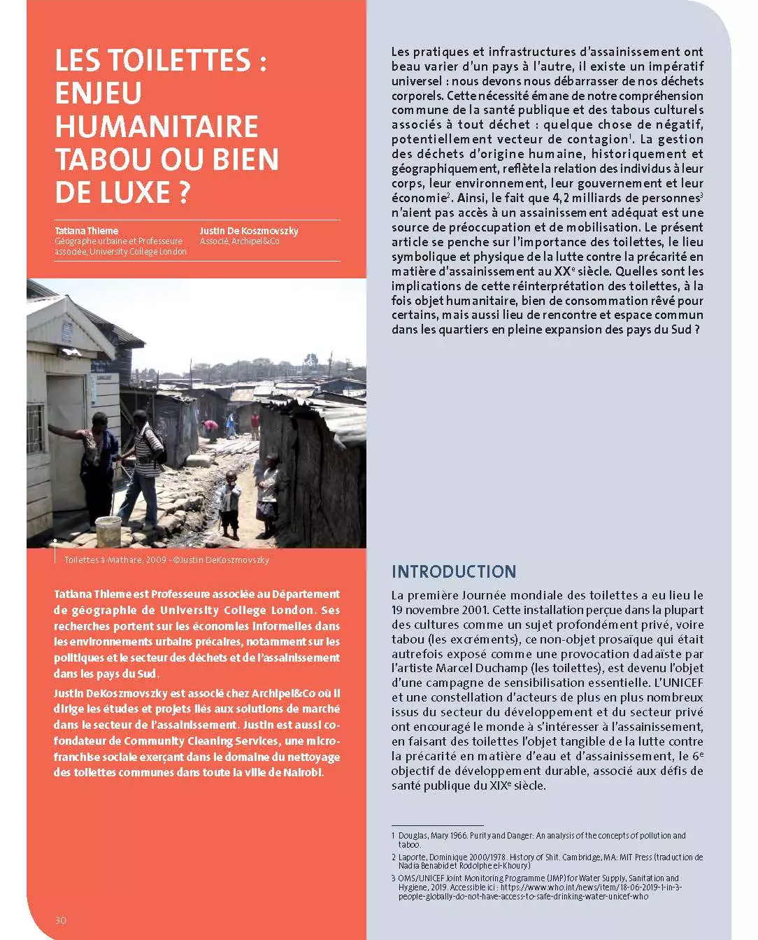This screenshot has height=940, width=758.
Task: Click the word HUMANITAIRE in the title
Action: pyautogui.click(x=157, y=127)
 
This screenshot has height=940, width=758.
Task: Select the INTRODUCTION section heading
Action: pyautogui.click(x=453, y=571)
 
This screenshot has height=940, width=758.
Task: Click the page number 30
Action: pyautogui.click(x=61, y=920)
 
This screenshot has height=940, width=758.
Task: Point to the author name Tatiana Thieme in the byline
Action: pyautogui.click(x=87, y=231)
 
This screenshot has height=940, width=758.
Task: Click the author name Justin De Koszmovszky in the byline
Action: pyautogui.click(x=249, y=231)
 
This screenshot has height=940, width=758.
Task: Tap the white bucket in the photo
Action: pyautogui.click(x=107, y=529)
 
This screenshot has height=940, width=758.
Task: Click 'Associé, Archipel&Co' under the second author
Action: pyautogui.click(x=239, y=241)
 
